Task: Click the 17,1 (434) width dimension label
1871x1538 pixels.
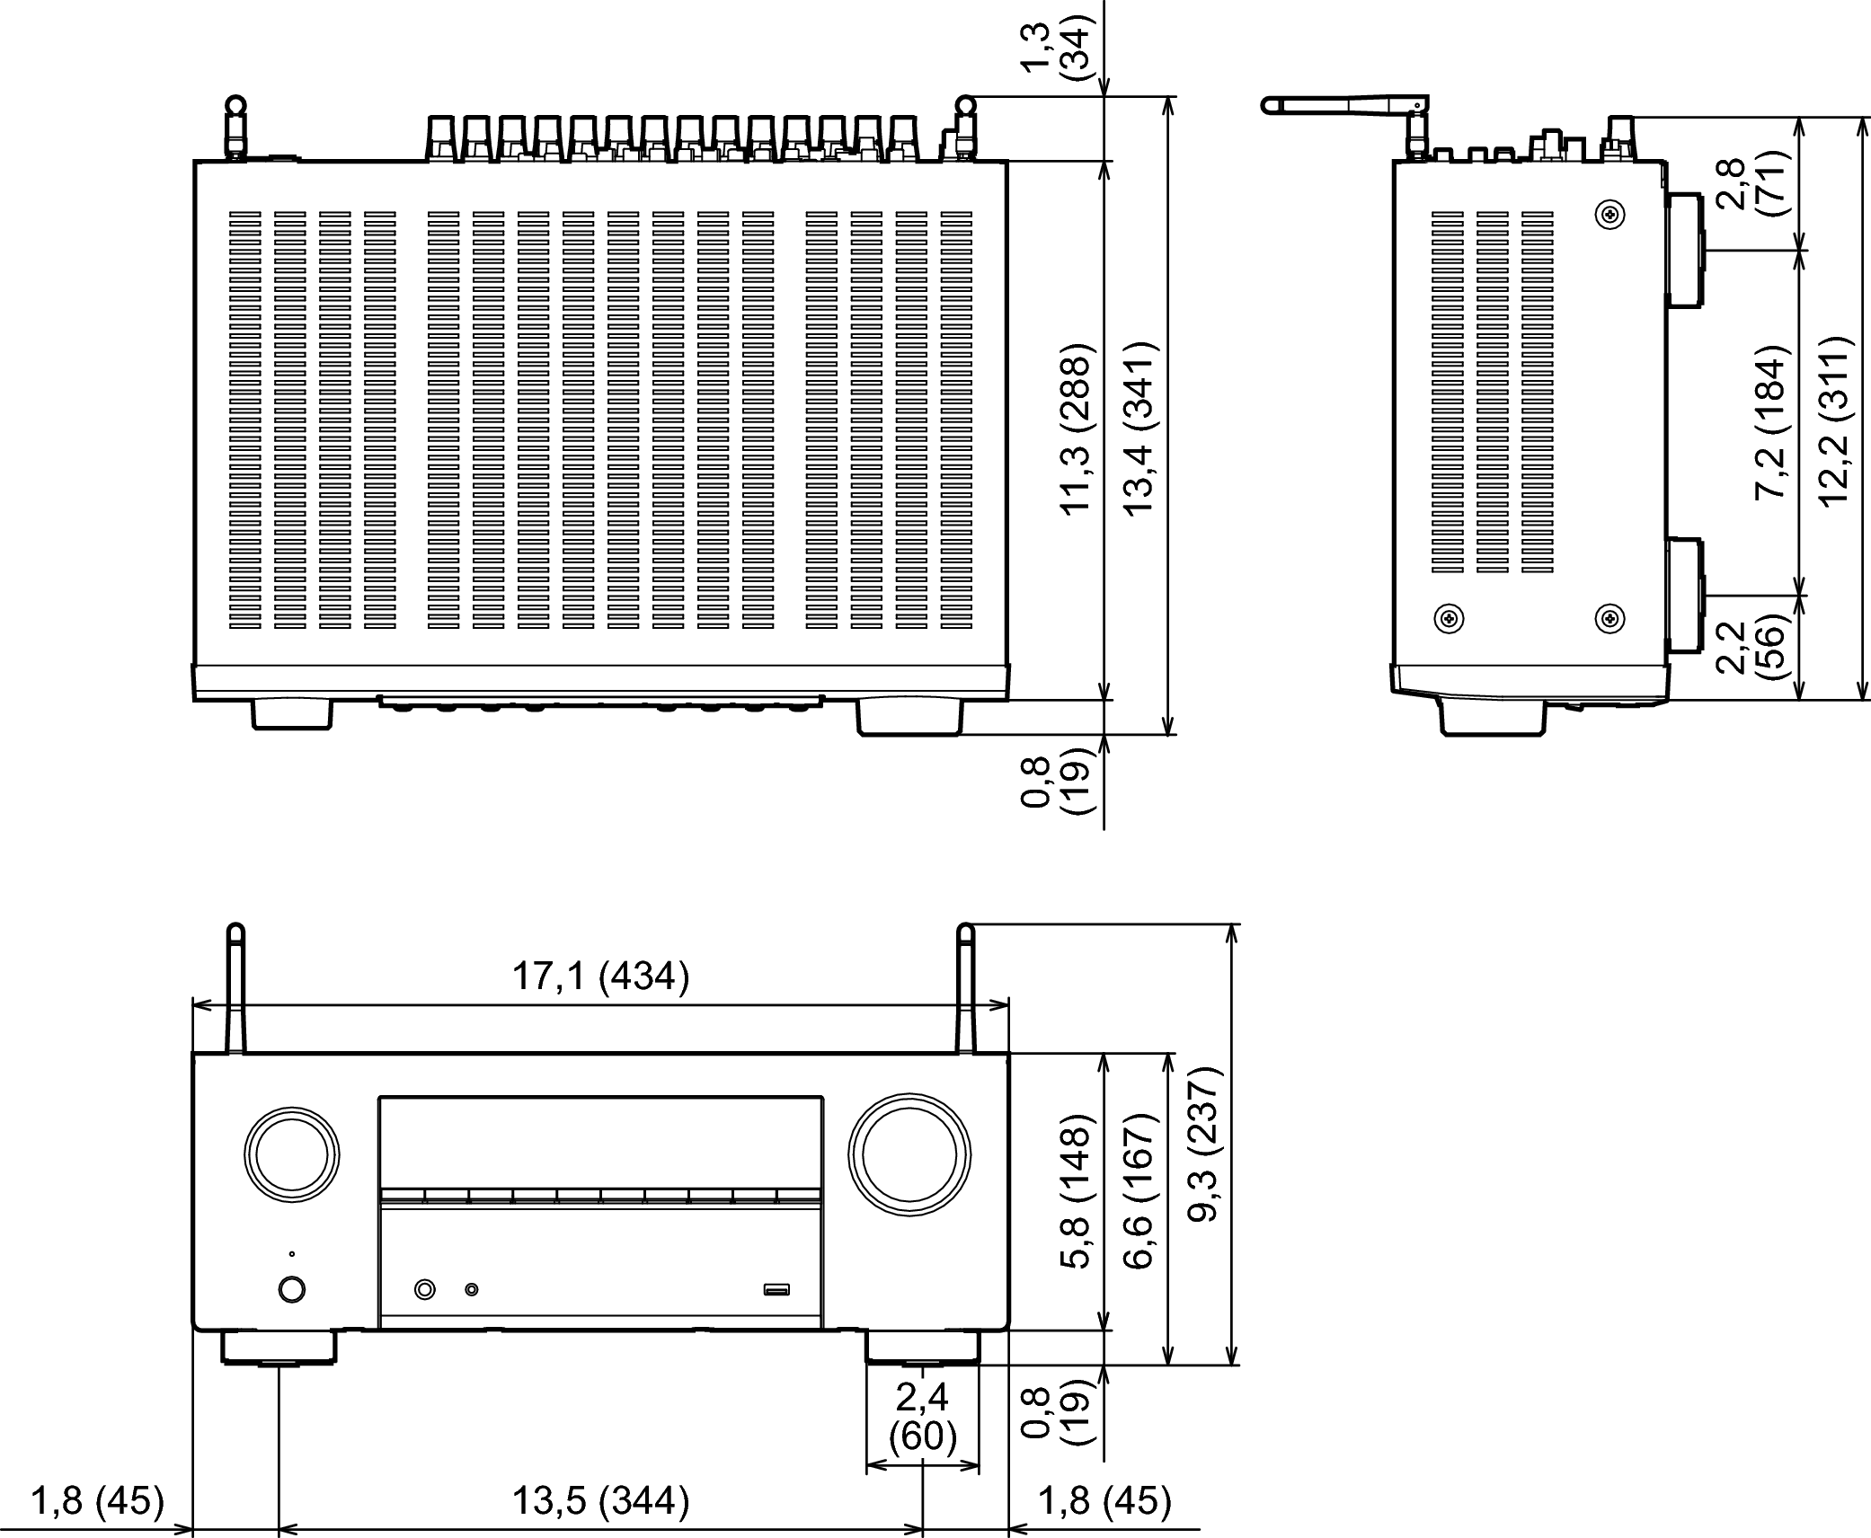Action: [x=600, y=977]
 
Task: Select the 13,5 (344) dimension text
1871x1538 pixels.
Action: [x=600, y=1500]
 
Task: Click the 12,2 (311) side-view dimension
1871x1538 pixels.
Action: [x=1834, y=421]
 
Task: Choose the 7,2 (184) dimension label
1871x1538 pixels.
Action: [x=1771, y=421]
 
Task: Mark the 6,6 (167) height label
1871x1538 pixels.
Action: [x=1139, y=1190]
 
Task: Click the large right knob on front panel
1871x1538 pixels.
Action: [x=909, y=1154]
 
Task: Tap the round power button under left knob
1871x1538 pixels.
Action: [x=291, y=1290]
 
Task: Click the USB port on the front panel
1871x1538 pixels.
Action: [x=776, y=1290]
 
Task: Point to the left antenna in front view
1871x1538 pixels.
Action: [x=235, y=988]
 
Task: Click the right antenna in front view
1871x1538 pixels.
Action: [x=966, y=988]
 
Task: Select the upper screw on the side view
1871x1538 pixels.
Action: [x=1609, y=214]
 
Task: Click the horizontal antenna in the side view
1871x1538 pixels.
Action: [x=1344, y=105]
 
